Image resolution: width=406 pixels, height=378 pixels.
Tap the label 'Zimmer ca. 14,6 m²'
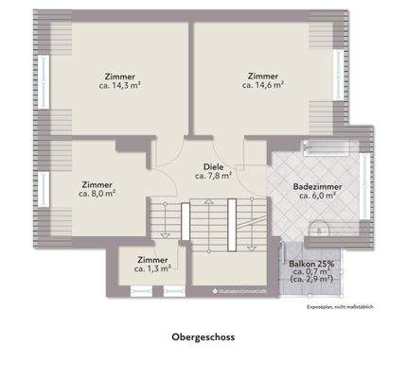pyautogui.click(x=263, y=79)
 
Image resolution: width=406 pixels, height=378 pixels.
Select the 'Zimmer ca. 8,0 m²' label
pyautogui.click(x=98, y=188)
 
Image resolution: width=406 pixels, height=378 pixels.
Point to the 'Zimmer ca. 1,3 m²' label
pyautogui.click(x=152, y=263)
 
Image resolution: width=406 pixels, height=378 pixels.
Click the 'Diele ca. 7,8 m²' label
pyautogui.click(x=213, y=170)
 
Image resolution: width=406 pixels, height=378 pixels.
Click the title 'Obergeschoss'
pyautogui.click(x=203, y=335)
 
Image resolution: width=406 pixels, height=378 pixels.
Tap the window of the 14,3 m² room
pyautogui.click(x=42, y=80)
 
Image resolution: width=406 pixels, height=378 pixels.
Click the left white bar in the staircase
pyautogui.click(x=184, y=223)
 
